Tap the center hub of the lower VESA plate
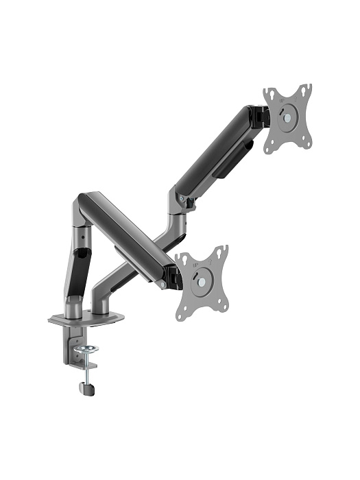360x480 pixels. (202, 280)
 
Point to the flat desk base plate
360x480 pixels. (86, 318)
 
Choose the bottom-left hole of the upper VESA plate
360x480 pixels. (270, 145)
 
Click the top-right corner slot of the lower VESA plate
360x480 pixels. (221, 251)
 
